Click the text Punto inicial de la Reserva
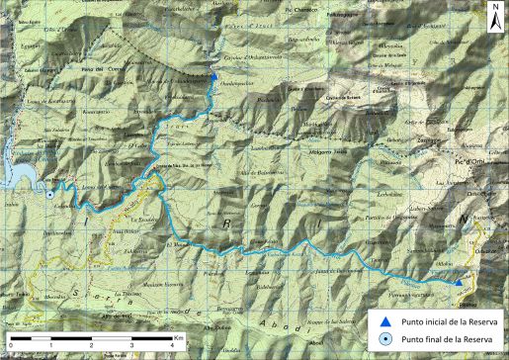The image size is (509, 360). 442,321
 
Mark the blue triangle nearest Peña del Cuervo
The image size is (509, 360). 214,76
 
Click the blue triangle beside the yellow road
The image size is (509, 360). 460,283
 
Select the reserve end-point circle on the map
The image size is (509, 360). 49,195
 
